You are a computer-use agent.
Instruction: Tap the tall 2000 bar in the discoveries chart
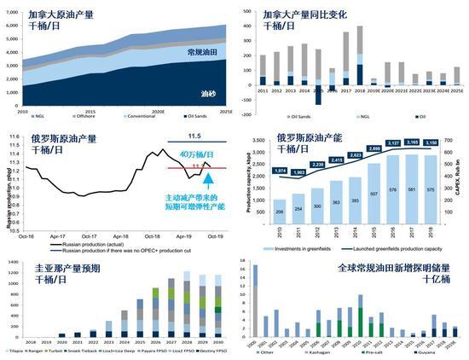click(254, 298)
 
